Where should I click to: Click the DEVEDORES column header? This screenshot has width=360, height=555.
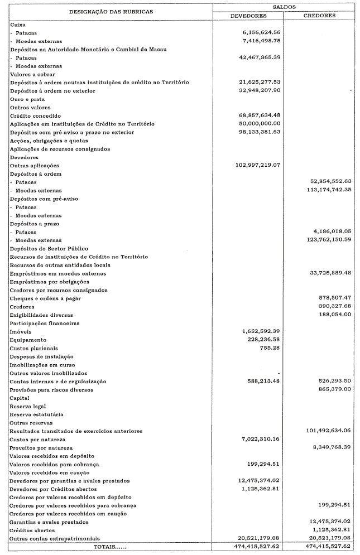pyautogui.click(x=248, y=16)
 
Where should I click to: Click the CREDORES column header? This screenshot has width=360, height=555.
pyautogui.click(x=319, y=16)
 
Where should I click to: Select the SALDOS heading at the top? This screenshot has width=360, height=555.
pyautogui.click(x=284, y=7)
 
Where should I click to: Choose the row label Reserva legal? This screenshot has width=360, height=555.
pyautogui.click(x=28, y=406)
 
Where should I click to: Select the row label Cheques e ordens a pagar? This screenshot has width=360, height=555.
pyautogui.click(x=45, y=298)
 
